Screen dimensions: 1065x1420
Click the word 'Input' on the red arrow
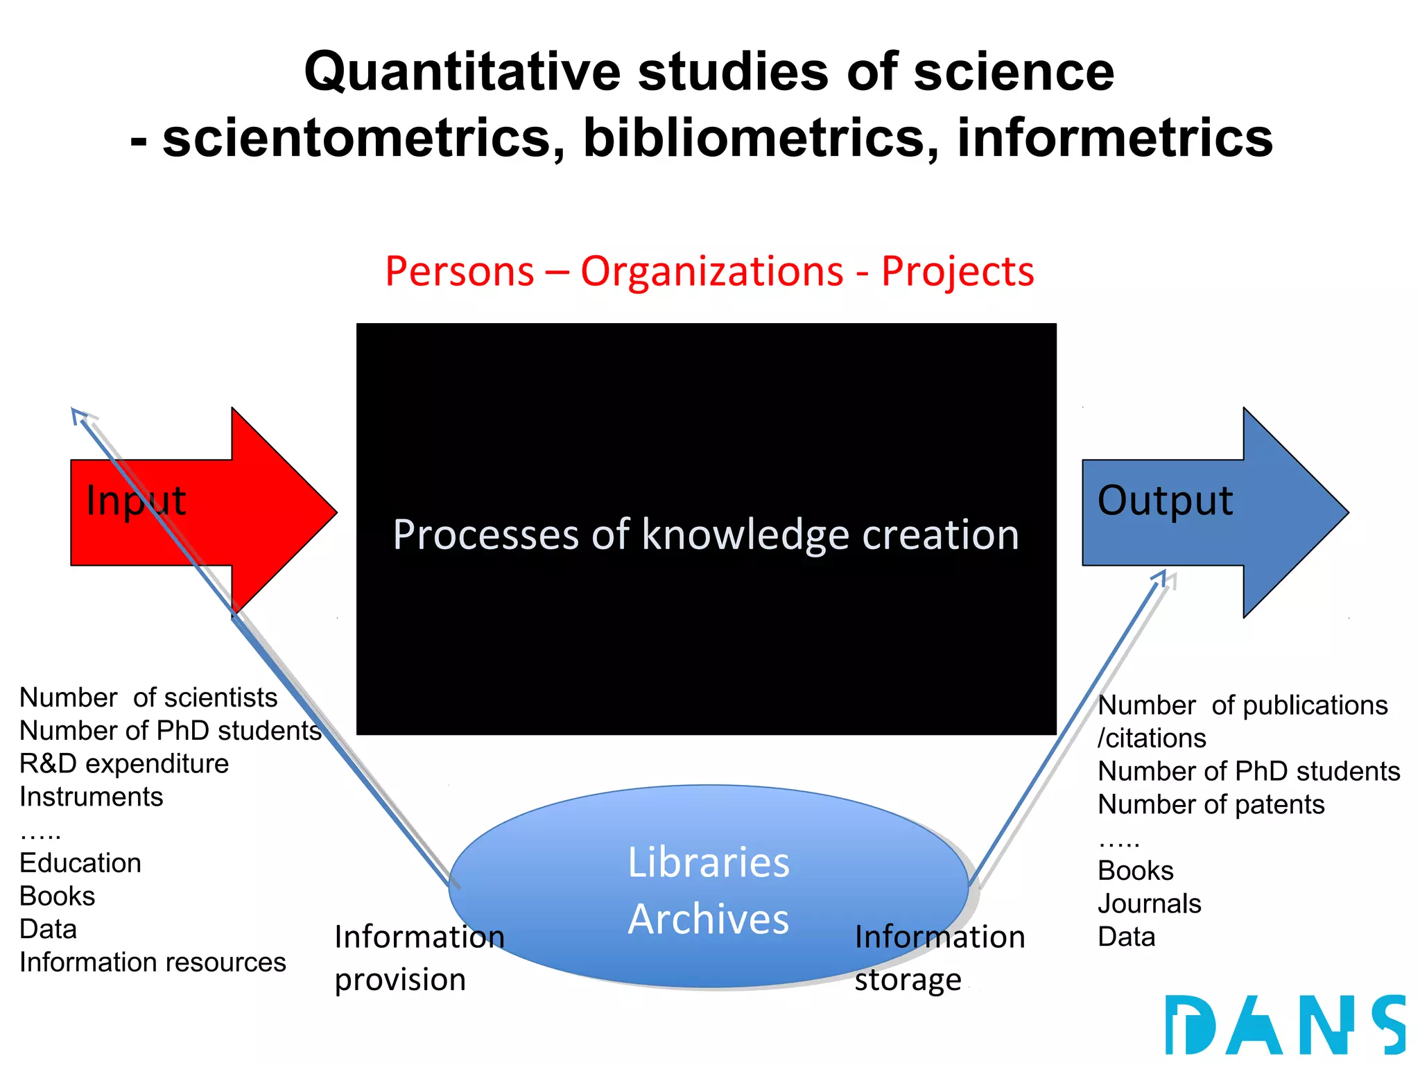(136, 501)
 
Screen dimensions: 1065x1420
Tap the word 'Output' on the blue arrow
(1165, 501)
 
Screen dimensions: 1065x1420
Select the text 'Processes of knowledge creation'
(706, 535)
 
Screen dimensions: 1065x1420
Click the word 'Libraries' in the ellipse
(708, 863)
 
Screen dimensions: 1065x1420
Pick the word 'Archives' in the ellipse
(708, 919)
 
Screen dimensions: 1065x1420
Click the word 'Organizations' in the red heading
(712, 271)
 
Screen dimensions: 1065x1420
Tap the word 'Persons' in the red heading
(460, 271)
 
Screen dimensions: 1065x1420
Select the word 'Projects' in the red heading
(958, 271)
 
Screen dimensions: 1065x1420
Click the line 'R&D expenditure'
(124, 763)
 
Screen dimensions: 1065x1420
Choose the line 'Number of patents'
(1211, 804)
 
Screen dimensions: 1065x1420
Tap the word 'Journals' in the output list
(1149, 903)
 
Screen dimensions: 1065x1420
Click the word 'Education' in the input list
(80, 863)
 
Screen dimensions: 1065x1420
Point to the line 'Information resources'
(153, 962)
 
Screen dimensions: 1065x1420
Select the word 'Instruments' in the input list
(92, 797)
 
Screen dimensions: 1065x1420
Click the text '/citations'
(1152, 738)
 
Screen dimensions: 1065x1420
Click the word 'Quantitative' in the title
(462, 71)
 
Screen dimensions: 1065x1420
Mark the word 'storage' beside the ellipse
(908, 980)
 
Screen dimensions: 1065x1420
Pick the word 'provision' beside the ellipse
(400, 980)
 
